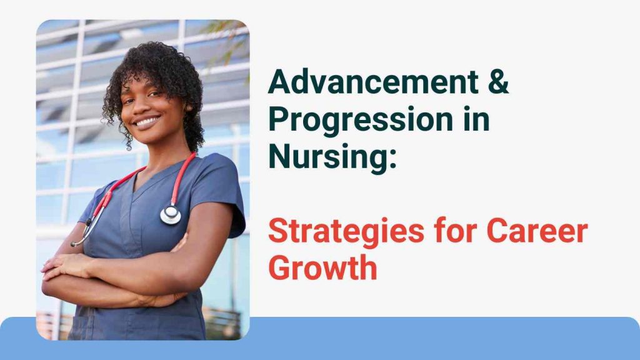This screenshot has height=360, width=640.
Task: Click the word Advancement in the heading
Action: click(x=374, y=82)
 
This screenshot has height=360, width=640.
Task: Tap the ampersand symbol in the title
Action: click(x=498, y=82)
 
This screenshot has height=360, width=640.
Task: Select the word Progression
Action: click(x=361, y=119)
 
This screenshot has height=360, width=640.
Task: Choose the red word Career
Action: click(x=537, y=231)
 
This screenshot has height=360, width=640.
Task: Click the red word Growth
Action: click(x=323, y=267)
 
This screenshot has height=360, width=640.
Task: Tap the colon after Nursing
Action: click(x=392, y=159)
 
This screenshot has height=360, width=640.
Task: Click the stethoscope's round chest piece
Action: click(x=171, y=214)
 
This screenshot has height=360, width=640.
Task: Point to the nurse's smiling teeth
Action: click(x=146, y=121)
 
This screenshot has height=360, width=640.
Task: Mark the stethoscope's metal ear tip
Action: click(x=74, y=244)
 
